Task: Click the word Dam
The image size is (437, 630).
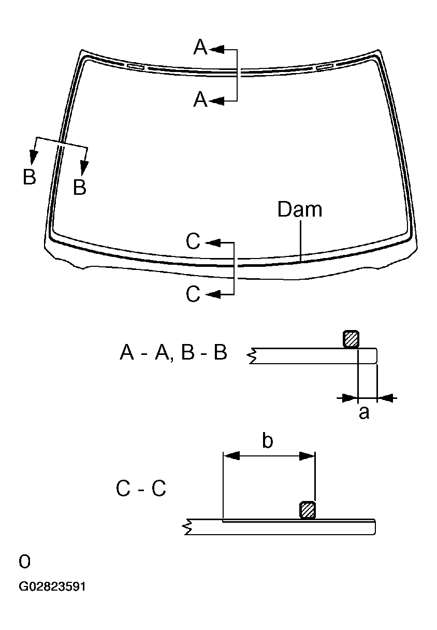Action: pyautogui.click(x=300, y=209)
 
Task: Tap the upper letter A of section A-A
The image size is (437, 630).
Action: pyautogui.click(x=200, y=47)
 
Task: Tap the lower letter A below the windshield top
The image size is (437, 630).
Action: pyautogui.click(x=200, y=99)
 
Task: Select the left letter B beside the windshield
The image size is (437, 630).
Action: pyautogui.click(x=30, y=177)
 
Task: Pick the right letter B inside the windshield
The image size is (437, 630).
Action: pyautogui.click(x=80, y=187)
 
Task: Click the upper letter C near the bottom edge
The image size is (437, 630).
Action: pyautogui.click(x=193, y=241)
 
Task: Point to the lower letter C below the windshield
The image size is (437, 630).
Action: pyautogui.click(x=193, y=294)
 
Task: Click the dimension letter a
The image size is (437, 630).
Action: pyautogui.click(x=364, y=413)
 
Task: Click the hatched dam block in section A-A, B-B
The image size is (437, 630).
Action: pyautogui.click(x=351, y=339)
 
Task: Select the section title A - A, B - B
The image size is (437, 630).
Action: pyautogui.click(x=173, y=352)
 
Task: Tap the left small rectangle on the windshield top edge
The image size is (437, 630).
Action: pyautogui.click(x=136, y=67)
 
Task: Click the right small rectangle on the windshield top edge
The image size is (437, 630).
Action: pyautogui.click(x=325, y=67)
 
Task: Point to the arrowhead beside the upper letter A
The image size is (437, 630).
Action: pyautogui.click(x=216, y=50)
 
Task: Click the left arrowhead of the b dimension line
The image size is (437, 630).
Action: pyautogui.click(x=231, y=456)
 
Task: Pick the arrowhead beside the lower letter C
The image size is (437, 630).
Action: pyautogui.click(x=213, y=294)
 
